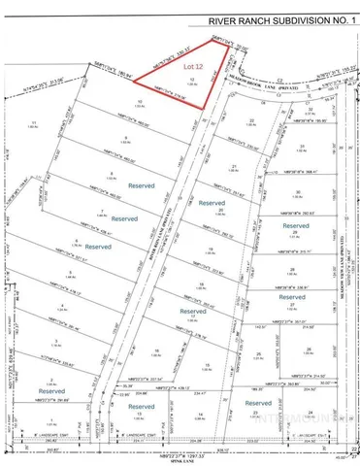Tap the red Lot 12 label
191,67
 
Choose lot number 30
302,191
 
